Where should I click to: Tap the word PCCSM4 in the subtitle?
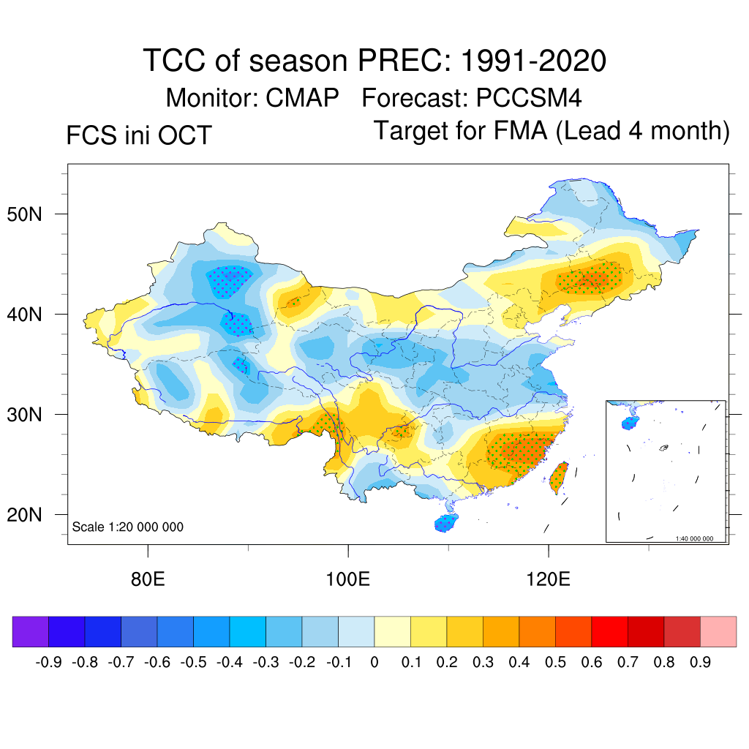tap(529, 97)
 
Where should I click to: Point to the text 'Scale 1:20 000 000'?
tap(128, 527)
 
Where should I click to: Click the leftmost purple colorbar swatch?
tap(31, 631)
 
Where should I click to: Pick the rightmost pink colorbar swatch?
tap(718, 631)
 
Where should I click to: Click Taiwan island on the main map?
tap(560, 477)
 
